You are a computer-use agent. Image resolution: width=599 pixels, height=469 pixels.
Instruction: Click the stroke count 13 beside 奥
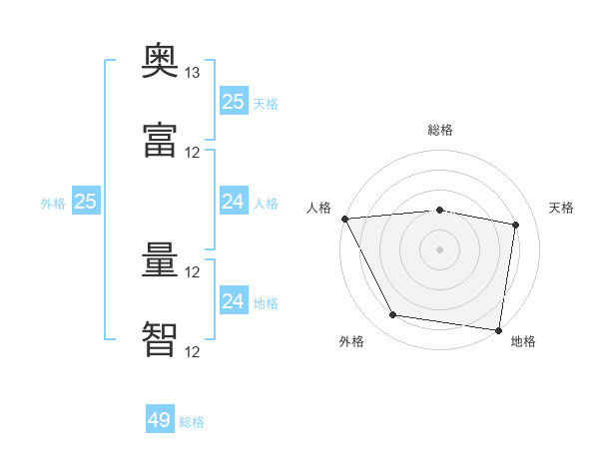click(193, 73)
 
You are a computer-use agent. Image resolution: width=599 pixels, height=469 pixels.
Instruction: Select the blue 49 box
click(160, 420)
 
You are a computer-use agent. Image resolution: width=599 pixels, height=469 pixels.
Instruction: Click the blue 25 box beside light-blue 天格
click(233, 102)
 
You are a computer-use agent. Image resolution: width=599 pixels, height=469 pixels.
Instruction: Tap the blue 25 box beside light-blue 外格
click(86, 202)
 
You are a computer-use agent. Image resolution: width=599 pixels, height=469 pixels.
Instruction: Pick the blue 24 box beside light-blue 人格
click(233, 202)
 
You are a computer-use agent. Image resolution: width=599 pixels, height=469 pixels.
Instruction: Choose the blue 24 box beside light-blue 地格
click(233, 301)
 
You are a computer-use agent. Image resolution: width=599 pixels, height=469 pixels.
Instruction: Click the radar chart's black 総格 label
click(440, 131)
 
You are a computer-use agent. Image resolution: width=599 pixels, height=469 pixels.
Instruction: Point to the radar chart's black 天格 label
click(562, 208)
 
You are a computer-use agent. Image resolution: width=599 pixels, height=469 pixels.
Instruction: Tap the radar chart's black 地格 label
click(523, 342)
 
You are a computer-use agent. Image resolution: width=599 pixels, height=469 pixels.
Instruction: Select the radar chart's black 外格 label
click(351, 342)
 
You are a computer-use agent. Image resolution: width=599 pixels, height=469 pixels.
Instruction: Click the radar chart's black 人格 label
click(318, 208)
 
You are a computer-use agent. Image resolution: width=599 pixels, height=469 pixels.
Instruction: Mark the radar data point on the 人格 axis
click(344, 219)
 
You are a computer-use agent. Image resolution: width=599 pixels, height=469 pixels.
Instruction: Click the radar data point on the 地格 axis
click(498, 329)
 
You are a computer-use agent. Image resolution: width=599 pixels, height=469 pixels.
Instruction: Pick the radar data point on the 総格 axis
click(440, 210)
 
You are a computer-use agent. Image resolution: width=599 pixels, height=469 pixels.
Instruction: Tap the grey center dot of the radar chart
click(440, 249)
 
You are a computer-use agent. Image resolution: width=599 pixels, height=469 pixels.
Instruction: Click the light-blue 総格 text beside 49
click(192, 422)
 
